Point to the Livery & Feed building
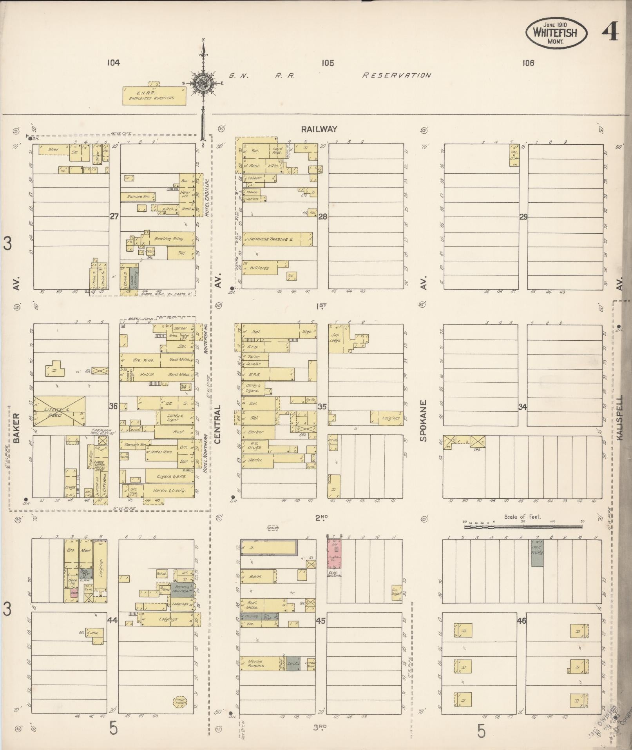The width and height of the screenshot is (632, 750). (59, 411)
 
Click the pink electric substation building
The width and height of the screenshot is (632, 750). (334, 553)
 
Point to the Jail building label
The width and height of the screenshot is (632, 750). (94, 633)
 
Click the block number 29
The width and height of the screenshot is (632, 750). (523, 216)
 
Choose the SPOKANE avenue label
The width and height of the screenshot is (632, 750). (424, 421)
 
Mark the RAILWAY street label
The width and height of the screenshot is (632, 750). (319, 129)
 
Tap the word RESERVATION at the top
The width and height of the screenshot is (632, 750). (396, 75)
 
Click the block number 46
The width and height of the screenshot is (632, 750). (522, 621)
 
